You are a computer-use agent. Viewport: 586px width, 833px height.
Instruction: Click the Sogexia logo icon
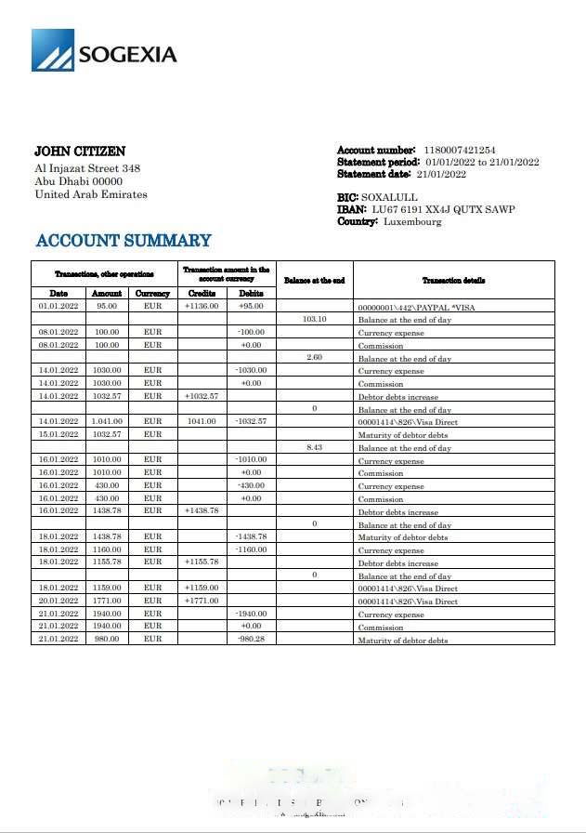pyautogui.click(x=52, y=50)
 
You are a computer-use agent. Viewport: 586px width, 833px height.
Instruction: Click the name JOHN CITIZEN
pyautogui.click(x=80, y=152)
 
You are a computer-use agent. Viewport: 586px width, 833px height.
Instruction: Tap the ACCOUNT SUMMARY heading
pyautogui.click(x=124, y=241)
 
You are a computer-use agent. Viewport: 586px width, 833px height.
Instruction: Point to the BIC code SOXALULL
pyautogui.click(x=389, y=198)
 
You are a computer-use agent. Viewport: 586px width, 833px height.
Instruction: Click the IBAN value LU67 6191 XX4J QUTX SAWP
pyautogui.click(x=442, y=210)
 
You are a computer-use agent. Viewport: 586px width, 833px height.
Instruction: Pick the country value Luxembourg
pyautogui.click(x=412, y=222)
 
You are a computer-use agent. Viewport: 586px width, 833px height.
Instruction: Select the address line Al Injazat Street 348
pyautogui.click(x=87, y=168)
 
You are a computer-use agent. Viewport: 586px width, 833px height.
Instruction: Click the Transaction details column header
pyautogui.click(x=453, y=280)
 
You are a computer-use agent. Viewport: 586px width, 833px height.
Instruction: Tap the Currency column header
pyautogui.click(x=152, y=294)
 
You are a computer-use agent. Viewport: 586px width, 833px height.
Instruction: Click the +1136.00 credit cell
pyautogui.click(x=201, y=306)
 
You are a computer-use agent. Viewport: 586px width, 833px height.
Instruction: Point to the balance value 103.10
pyautogui.click(x=315, y=319)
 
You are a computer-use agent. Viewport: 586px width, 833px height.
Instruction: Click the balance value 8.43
pyautogui.click(x=315, y=447)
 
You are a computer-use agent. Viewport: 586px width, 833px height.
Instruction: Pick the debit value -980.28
pyautogui.click(x=251, y=640)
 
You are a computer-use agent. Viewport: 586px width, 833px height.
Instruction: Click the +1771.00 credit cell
pyautogui.click(x=202, y=601)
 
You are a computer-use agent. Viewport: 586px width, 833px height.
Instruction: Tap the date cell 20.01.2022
pyautogui.click(x=59, y=601)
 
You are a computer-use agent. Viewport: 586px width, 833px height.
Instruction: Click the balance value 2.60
pyautogui.click(x=315, y=357)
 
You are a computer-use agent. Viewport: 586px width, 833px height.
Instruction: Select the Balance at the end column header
pyautogui.click(x=314, y=280)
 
